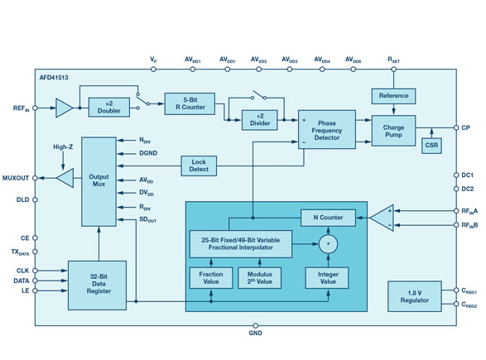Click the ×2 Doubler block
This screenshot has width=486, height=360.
(x=109, y=108)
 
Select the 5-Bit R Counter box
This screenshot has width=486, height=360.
(x=190, y=103)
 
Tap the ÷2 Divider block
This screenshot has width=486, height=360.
(x=260, y=120)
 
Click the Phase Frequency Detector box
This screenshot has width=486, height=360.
(x=327, y=129)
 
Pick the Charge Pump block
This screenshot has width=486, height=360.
(x=393, y=131)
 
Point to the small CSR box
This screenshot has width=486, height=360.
(x=431, y=145)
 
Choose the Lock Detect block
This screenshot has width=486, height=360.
(x=199, y=166)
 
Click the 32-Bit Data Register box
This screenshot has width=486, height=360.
(x=98, y=285)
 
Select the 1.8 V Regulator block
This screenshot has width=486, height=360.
(x=415, y=296)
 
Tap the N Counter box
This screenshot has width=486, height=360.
(x=328, y=218)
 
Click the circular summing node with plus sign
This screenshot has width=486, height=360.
(x=328, y=244)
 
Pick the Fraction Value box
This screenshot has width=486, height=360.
(x=211, y=278)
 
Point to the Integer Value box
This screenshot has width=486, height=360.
(x=327, y=278)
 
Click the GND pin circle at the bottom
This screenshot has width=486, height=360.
(x=255, y=325)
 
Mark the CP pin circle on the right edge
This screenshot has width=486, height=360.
(x=456, y=127)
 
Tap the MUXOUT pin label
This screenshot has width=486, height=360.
(x=16, y=178)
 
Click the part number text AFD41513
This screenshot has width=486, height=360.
(x=54, y=78)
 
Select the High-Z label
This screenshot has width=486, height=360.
(x=63, y=146)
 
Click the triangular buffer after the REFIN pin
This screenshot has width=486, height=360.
(x=64, y=108)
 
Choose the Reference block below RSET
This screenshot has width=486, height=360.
(x=393, y=96)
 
